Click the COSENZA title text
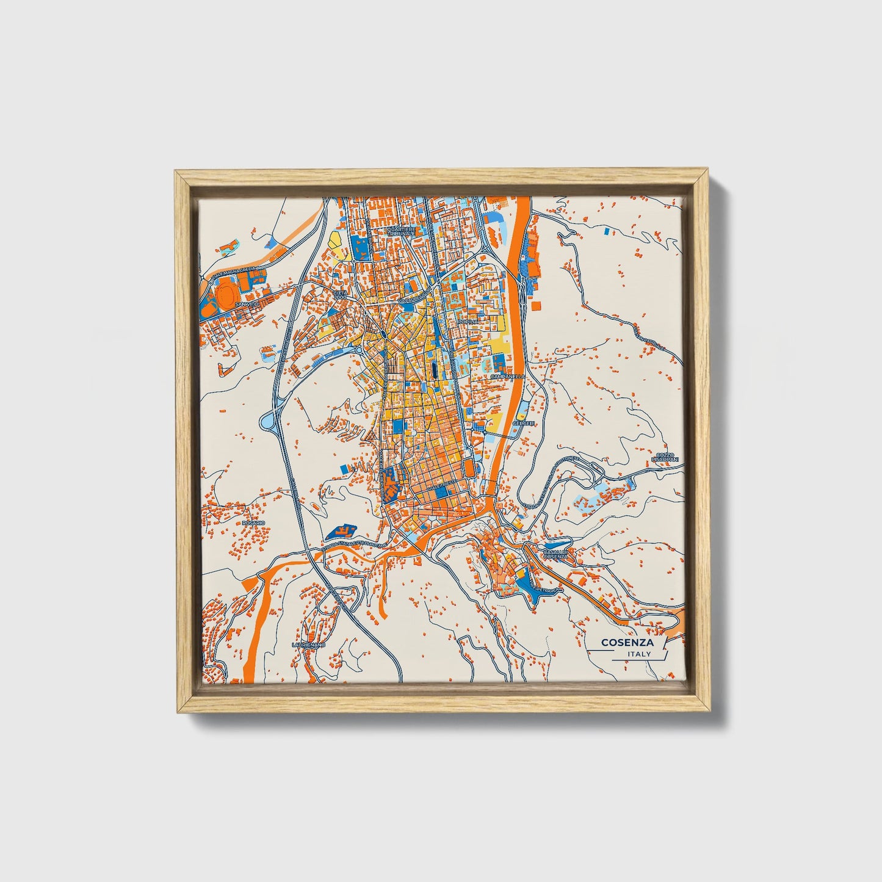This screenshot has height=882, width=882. pos(627,642)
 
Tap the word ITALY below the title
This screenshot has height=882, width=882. pos(639,654)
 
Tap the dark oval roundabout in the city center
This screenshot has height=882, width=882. pos(382,333)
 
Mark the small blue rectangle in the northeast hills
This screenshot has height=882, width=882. pos(605,231)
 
